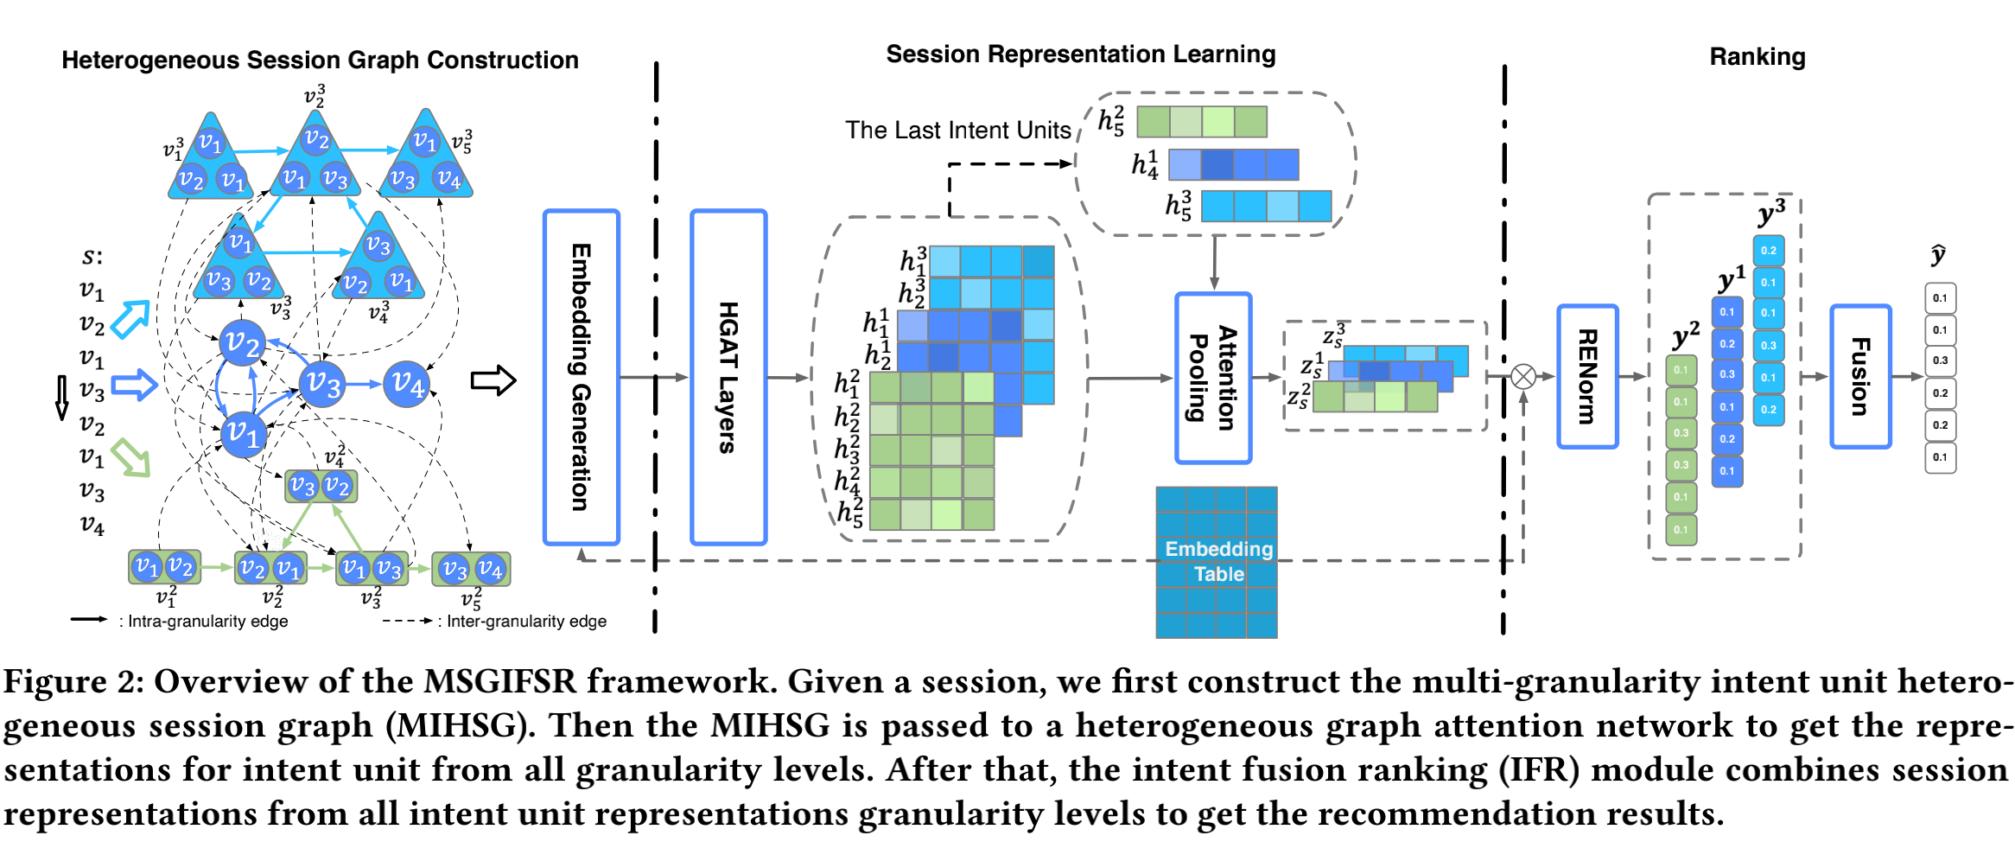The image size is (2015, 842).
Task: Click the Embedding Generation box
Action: (581, 378)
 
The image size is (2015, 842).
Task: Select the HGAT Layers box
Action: (728, 378)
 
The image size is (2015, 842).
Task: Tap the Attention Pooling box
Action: (1213, 378)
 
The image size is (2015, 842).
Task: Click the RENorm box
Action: (1587, 376)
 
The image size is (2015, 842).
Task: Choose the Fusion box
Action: (1860, 376)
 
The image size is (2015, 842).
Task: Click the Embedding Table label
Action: (1218, 561)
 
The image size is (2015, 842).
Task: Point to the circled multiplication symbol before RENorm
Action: (1523, 376)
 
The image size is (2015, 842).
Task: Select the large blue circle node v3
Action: (322, 383)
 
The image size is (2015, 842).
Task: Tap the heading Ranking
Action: (1757, 57)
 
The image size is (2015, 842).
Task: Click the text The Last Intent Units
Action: (957, 130)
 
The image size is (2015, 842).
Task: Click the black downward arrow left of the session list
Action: (62, 398)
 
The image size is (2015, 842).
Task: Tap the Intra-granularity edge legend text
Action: (207, 621)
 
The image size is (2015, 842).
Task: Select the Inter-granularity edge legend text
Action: (526, 621)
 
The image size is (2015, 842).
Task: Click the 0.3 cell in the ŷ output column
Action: (1940, 361)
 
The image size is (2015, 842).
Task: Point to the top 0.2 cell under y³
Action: (1769, 251)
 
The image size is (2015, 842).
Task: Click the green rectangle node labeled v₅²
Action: (471, 569)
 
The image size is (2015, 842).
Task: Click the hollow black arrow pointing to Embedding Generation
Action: (493, 380)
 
